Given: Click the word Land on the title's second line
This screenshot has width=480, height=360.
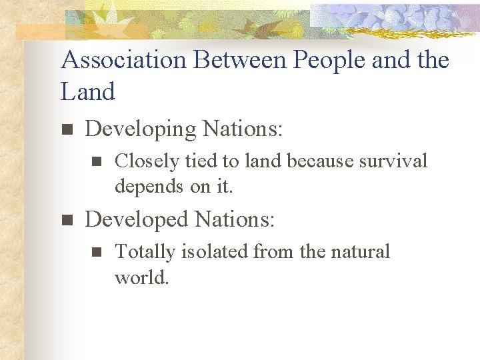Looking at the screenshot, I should (x=88, y=91).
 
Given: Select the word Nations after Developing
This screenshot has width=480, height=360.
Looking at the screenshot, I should (x=243, y=128).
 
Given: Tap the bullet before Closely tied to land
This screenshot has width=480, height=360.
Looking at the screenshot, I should (x=95, y=161).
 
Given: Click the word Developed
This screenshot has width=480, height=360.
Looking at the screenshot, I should (x=137, y=219).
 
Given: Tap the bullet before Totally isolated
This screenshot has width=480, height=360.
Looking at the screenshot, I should (x=95, y=252).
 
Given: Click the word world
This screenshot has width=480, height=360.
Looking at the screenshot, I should (x=142, y=277).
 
